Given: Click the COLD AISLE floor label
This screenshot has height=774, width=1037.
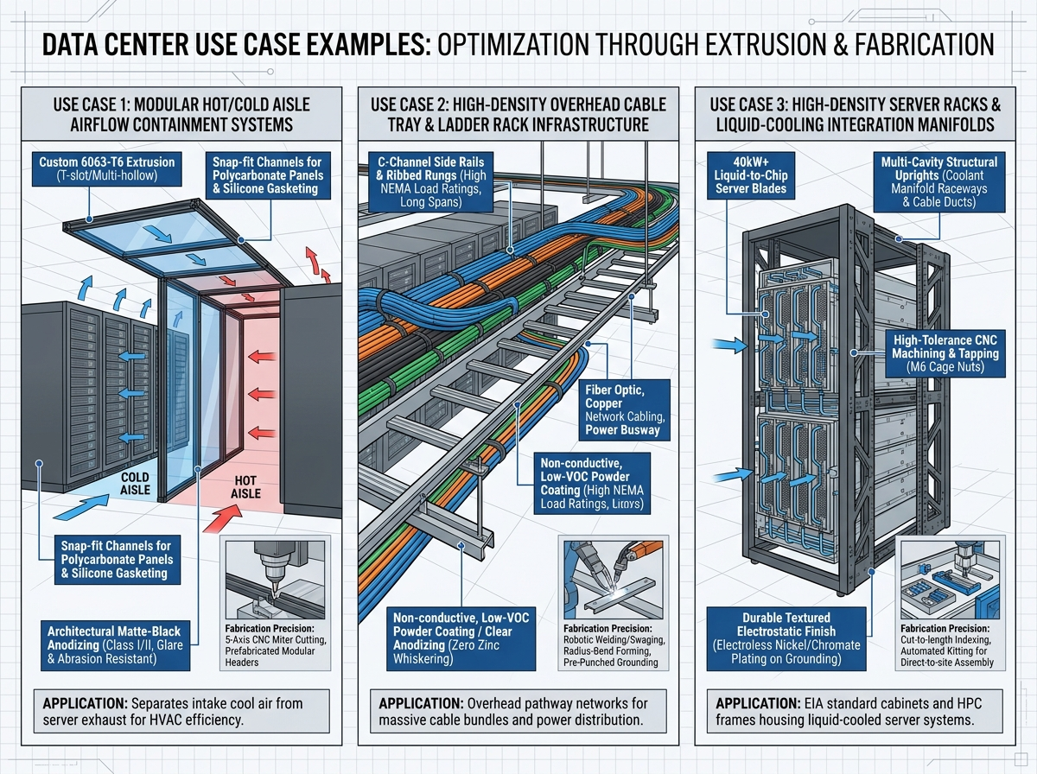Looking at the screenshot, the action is pyautogui.click(x=135, y=484).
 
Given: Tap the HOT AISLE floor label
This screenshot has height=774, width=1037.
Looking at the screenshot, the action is pyautogui.click(x=245, y=487).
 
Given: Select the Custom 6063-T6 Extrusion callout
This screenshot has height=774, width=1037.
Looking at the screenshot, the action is pyautogui.click(x=107, y=168).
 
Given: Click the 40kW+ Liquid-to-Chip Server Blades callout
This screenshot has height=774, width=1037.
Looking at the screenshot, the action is pyautogui.click(x=751, y=175).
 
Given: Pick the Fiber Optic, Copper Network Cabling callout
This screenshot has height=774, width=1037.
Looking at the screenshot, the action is pyautogui.click(x=624, y=410).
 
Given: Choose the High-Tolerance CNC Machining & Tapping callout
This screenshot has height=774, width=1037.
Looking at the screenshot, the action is pyautogui.click(x=945, y=353).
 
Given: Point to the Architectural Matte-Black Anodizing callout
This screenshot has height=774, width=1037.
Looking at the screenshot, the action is pyautogui.click(x=115, y=645).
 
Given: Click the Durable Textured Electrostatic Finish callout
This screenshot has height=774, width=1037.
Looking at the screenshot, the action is pyautogui.click(x=786, y=638).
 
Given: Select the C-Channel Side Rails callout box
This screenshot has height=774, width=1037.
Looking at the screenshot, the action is pyautogui.click(x=430, y=181).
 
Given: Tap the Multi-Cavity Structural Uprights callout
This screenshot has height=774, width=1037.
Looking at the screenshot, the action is pyautogui.click(x=938, y=181).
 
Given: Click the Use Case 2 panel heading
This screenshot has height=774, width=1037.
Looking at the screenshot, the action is pyautogui.click(x=518, y=114).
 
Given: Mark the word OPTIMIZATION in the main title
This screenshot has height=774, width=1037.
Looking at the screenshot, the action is pyautogui.click(x=512, y=45).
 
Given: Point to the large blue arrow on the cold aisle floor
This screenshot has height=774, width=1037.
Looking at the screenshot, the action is pyautogui.click(x=81, y=507).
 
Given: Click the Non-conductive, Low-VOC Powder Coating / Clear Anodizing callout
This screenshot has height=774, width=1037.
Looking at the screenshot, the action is pyautogui.click(x=461, y=638).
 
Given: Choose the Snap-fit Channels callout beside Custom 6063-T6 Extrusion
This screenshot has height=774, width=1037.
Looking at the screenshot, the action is pyautogui.click(x=268, y=175).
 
